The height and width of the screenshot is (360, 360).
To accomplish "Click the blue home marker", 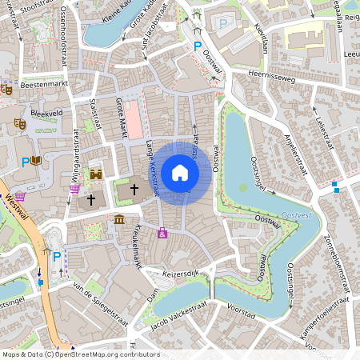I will (180, 173).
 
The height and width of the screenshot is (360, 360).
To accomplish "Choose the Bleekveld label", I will (46, 114).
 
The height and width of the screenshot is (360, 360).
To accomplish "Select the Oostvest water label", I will (302, 215).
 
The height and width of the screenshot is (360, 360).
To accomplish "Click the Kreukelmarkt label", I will (133, 250).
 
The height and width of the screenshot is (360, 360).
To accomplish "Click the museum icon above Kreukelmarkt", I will (119, 219).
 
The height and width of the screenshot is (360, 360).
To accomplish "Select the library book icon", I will (37, 161).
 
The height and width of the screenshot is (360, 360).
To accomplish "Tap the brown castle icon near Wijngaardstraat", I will (95, 174).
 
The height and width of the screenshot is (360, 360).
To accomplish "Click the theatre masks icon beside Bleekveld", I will (19, 124).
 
